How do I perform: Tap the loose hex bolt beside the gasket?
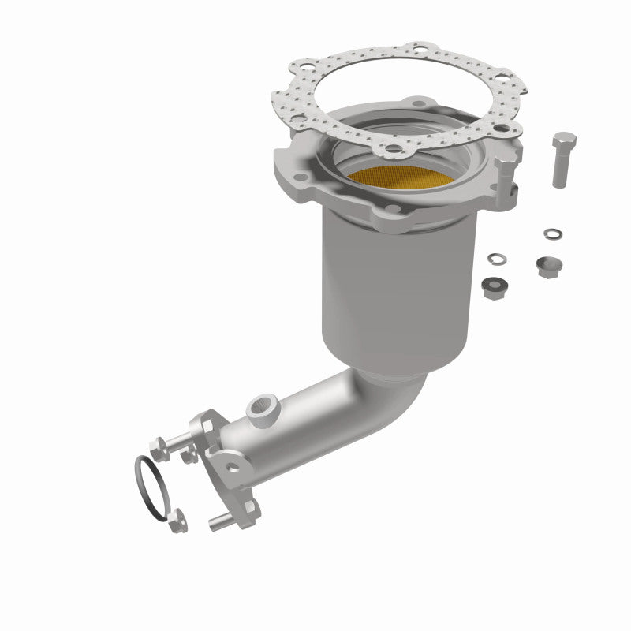tap(563, 158)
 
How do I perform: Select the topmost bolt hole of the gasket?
tap(416, 50)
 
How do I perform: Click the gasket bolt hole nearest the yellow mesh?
tap(392, 148)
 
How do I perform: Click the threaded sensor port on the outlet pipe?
tap(259, 409)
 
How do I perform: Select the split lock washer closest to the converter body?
tap(497, 259)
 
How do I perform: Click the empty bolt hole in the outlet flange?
tap(234, 466)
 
